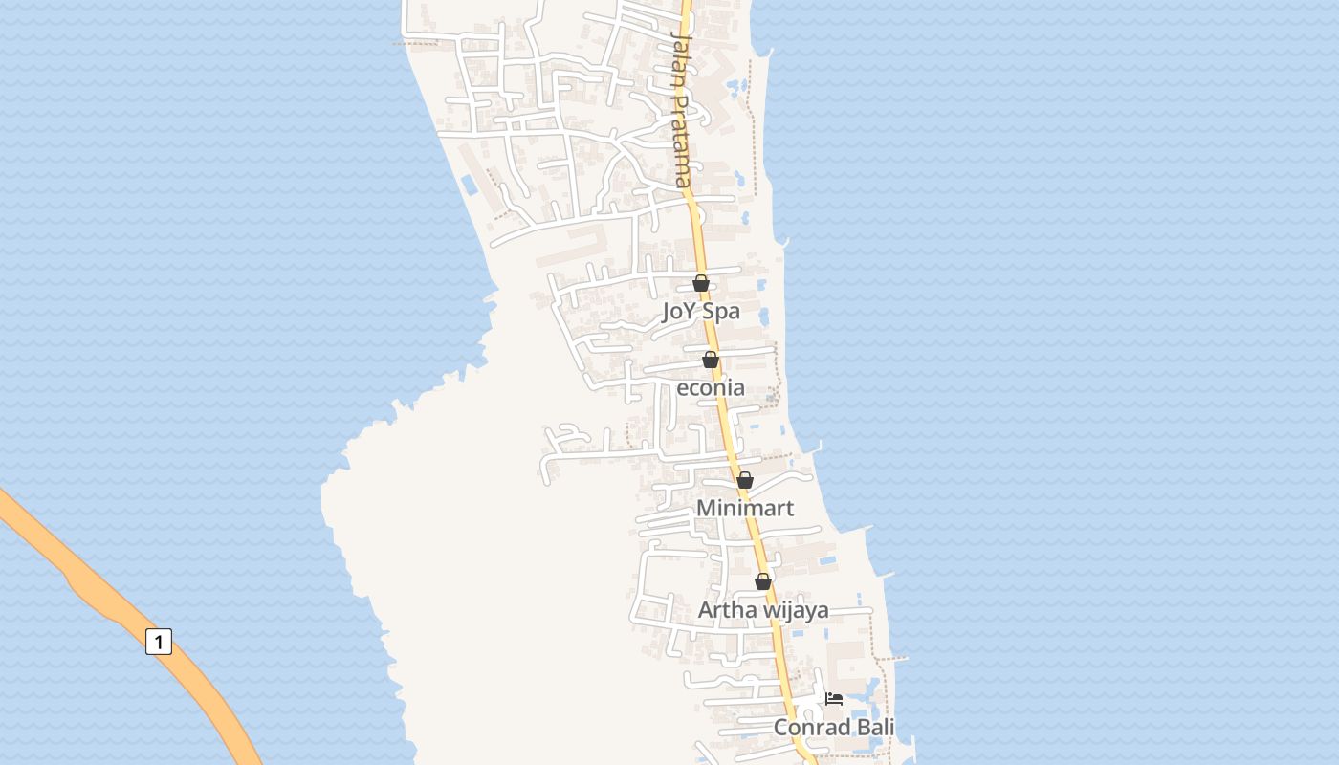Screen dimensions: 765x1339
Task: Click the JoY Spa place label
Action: (x=700, y=312)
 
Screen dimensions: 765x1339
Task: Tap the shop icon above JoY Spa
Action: (x=701, y=283)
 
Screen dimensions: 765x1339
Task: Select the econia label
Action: (x=710, y=388)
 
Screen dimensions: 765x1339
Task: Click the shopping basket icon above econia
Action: (x=711, y=360)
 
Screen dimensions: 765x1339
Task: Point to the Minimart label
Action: (x=744, y=508)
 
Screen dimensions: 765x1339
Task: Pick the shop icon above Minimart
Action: (x=745, y=480)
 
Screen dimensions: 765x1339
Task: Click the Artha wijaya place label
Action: (x=763, y=610)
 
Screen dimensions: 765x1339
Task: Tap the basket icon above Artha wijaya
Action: (x=763, y=581)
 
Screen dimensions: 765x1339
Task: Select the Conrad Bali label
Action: (x=834, y=728)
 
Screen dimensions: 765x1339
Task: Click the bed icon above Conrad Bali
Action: (x=834, y=699)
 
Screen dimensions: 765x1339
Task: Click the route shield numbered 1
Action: (x=159, y=641)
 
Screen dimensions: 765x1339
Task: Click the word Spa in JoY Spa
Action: (x=721, y=312)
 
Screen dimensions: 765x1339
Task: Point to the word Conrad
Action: (x=812, y=728)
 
